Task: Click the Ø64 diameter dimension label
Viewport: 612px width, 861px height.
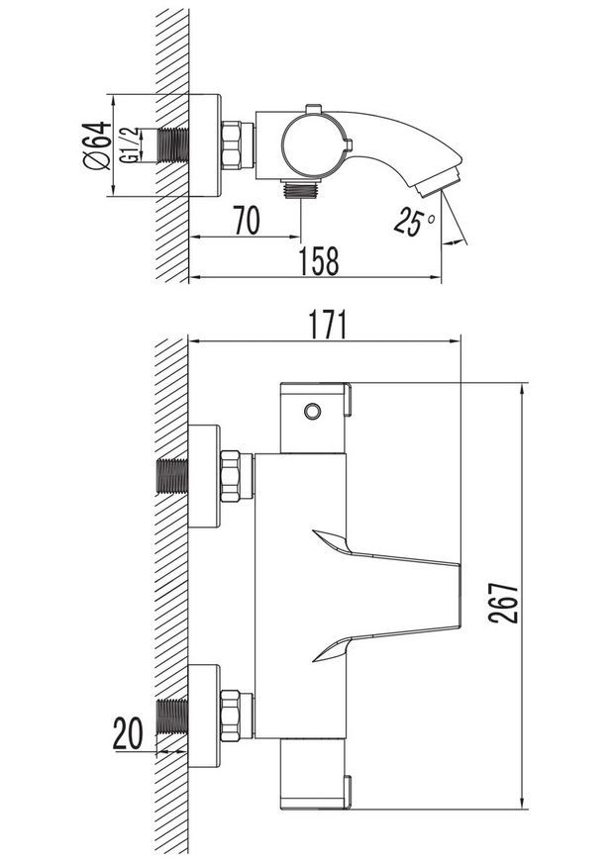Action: coord(97,145)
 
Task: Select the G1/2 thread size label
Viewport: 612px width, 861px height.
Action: coord(129,145)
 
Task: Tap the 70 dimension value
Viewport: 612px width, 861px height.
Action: coord(247,220)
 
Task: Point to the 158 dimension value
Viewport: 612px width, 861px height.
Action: coord(319,261)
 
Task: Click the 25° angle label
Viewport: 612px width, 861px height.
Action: coord(414,221)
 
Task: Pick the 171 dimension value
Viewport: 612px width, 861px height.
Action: coord(328,325)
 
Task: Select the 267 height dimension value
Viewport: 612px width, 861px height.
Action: coord(503,603)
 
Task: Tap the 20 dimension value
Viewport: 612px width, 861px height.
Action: coord(128,733)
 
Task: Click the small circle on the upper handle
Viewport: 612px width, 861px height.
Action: coord(313,411)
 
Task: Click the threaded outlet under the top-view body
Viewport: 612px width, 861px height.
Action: coord(300,189)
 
